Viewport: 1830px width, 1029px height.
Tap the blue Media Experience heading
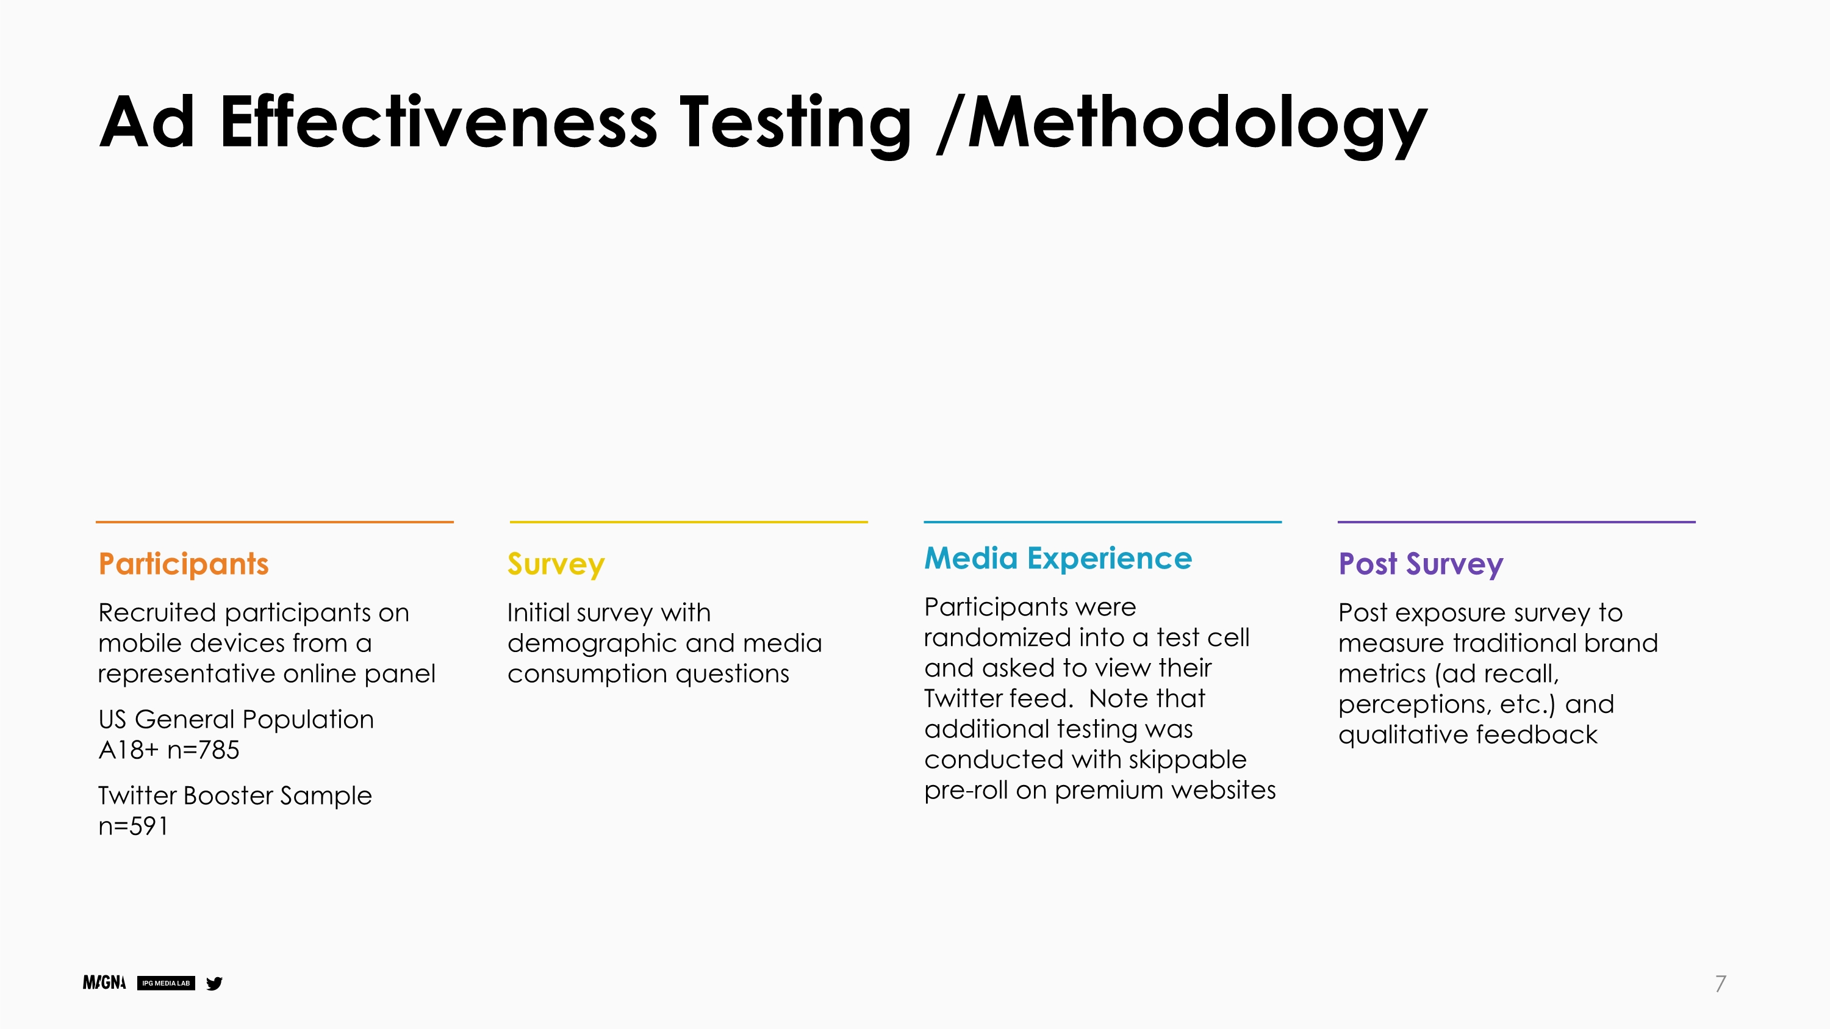(x=1058, y=558)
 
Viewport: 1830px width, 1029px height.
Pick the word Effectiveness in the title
(x=439, y=122)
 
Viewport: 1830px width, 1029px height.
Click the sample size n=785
(x=203, y=750)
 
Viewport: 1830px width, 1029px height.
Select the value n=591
(x=133, y=826)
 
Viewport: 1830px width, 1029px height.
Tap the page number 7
(x=1720, y=983)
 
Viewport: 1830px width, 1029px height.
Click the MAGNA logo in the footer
(x=104, y=983)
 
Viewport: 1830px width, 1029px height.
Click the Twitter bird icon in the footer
(x=214, y=983)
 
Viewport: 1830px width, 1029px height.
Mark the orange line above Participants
(x=274, y=522)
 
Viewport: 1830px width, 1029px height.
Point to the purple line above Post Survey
(x=1516, y=522)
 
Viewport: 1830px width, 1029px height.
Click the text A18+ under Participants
(x=129, y=750)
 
